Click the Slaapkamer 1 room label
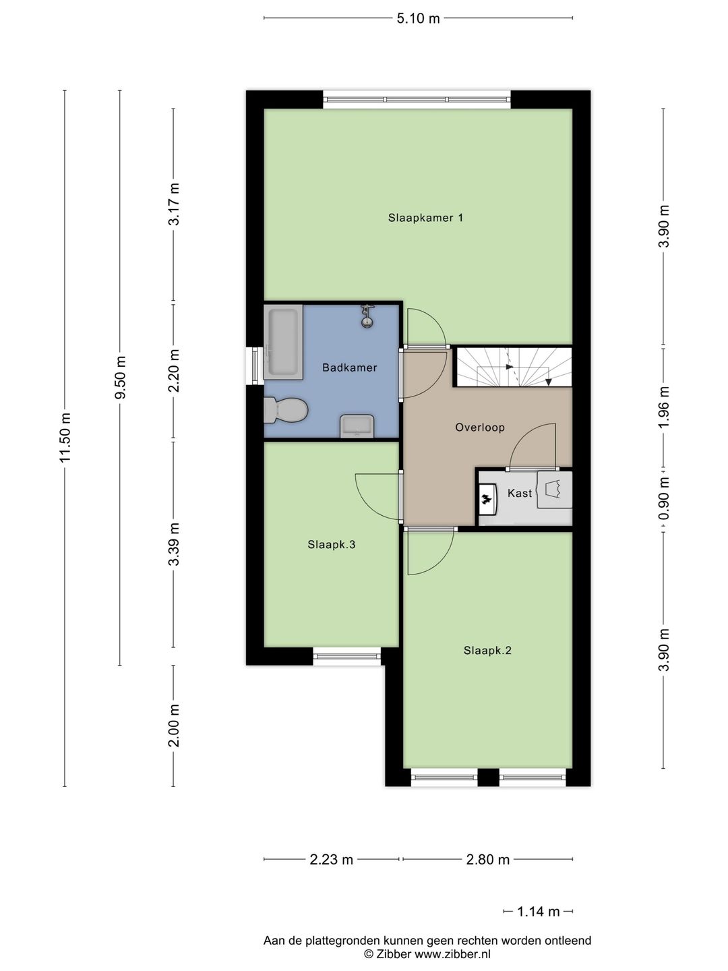(x=425, y=218)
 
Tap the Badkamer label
(x=349, y=367)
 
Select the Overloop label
(x=479, y=427)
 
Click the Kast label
(x=519, y=493)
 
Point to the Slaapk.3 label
(x=331, y=544)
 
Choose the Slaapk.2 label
(x=487, y=650)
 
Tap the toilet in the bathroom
(x=286, y=410)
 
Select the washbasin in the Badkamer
(x=357, y=426)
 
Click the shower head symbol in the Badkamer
(x=367, y=315)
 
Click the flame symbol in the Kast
(x=485, y=500)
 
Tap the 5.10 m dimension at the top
(x=418, y=18)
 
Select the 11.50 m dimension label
(x=65, y=438)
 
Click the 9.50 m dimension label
(x=120, y=378)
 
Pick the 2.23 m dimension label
(x=331, y=859)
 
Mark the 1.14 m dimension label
(x=538, y=912)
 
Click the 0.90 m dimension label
(x=664, y=499)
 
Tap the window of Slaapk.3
(x=347, y=655)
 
